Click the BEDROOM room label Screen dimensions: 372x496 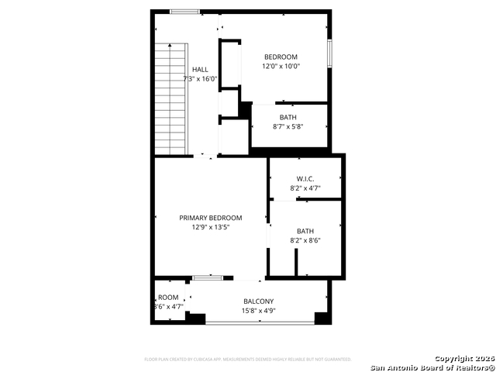coord(281,57)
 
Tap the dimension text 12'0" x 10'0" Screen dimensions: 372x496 coord(281,67)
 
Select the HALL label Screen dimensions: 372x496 coord(200,69)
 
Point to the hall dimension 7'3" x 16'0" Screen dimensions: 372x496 coord(200,79)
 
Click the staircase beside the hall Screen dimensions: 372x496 coord(171,98)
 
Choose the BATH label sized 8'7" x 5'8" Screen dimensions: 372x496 coord(288,117)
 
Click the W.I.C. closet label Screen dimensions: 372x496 coord(305,178)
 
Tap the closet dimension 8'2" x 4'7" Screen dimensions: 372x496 coord(305,188)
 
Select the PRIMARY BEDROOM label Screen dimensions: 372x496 coord(211,218)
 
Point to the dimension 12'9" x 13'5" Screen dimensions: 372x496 coord(211,228)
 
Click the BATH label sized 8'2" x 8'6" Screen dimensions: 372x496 coord(305,230)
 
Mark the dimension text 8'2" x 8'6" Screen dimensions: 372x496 coord(305,240)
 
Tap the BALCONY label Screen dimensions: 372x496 coord(258,301)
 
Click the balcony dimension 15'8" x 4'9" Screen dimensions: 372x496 coord(258,311)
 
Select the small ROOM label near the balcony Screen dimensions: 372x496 coord(168,297)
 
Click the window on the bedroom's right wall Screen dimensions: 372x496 coord(329,53)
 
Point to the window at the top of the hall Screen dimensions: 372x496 coord(184,12)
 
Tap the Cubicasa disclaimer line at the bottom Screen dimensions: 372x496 coord(248,360)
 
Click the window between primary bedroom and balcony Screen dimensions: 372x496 coord(208,277)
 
